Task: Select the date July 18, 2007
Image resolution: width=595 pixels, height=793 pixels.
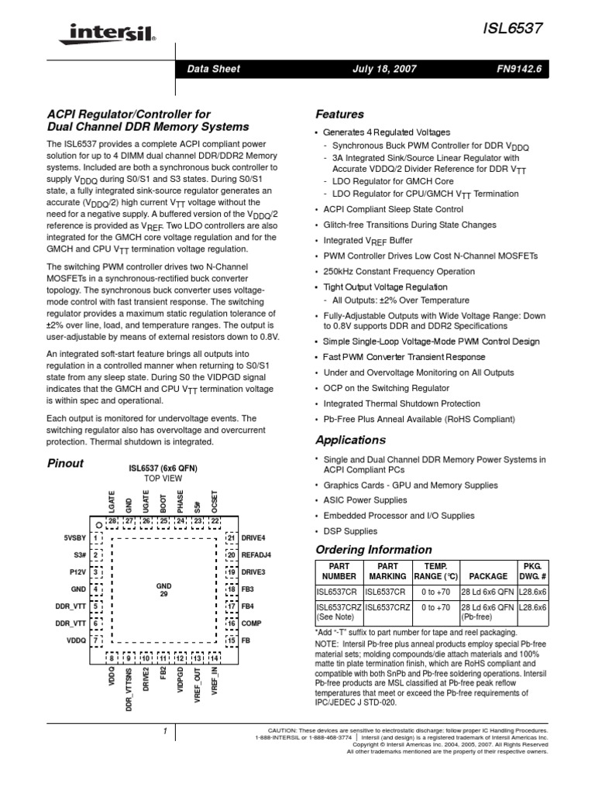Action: [x=385, y=69]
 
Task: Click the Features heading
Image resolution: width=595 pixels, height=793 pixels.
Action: [x=342, y=114]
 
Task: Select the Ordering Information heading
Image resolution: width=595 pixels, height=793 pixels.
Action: [x=373, y=550]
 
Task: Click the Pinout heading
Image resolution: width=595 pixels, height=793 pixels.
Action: [x=66, y=464]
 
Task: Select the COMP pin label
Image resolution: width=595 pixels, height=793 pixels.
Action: [x=253, y=623]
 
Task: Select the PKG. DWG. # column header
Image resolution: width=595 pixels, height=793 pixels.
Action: [x=532, y=571]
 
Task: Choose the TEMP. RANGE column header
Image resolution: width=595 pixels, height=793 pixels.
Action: [x=436, y=571]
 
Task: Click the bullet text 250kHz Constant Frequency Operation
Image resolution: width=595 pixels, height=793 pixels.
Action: [x=399, y=272]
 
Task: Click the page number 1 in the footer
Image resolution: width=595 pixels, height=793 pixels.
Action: [x=165, y=731]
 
